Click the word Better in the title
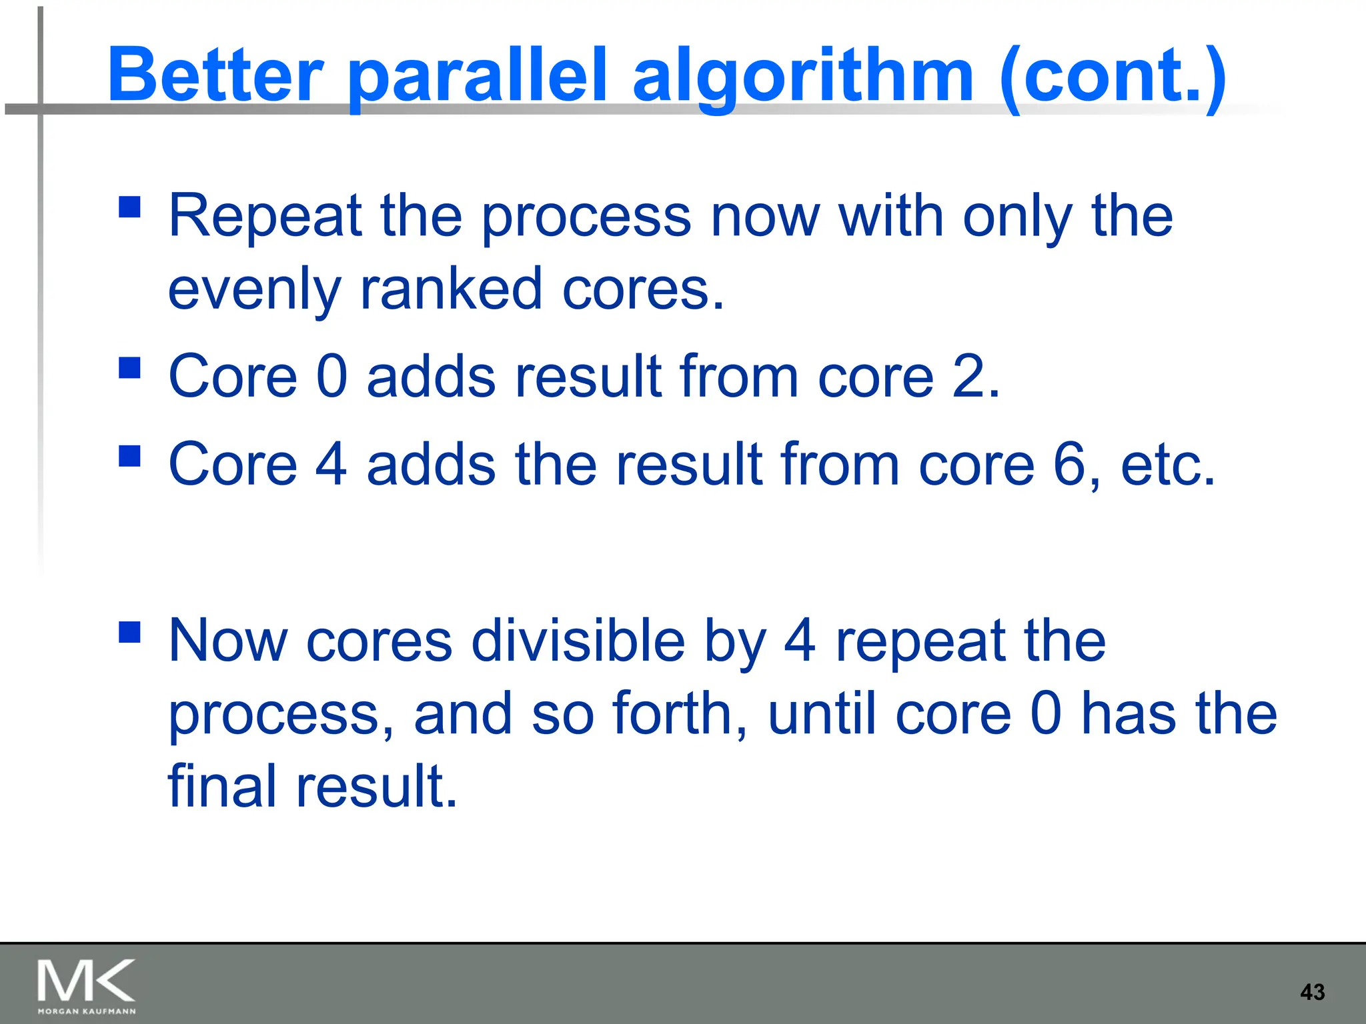[x=215, y=75]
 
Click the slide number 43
[x=1312, y=992]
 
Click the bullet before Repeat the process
[x=129, y=207]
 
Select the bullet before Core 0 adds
[x=129, y=367]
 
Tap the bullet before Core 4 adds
[x=129, y=456]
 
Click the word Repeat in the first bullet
[x=264, y=217]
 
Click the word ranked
[x=451, y=289]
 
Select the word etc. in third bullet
[x=1167, y=465]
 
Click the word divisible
[x=578, y=640]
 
